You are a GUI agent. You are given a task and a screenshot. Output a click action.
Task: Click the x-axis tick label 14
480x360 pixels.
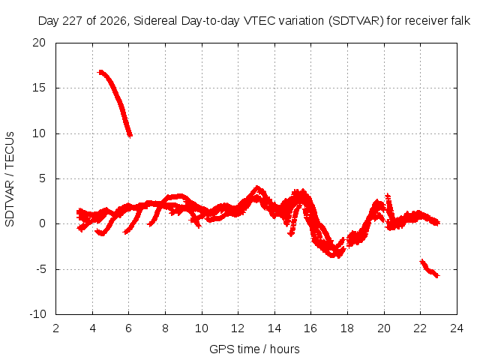point(274,328)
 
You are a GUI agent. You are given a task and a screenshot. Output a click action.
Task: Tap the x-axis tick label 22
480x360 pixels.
point(420,328)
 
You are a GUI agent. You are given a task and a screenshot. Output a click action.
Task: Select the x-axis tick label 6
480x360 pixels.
point(128,328)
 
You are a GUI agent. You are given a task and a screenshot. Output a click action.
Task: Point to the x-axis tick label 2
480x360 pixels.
point(55,328)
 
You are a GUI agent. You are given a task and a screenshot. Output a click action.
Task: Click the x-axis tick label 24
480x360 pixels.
point(457,328)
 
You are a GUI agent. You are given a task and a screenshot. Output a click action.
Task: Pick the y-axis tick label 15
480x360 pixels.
point(39,88)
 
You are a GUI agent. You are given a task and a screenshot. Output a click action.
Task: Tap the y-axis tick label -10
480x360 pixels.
point(37,314)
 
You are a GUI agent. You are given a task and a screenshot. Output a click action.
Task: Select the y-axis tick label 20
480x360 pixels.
point(39,43)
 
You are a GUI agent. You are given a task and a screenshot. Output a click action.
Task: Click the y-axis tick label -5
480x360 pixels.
point(40,269)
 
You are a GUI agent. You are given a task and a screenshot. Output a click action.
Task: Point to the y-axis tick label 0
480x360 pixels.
point(42,223)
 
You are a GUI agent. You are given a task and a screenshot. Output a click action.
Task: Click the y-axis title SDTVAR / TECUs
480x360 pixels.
point(10,179)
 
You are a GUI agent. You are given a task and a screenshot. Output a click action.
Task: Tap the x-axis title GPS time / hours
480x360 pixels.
point(254,349)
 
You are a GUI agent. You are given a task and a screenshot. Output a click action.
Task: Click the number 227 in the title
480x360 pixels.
point(73,21)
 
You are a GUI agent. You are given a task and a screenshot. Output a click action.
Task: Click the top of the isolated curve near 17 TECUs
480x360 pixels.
point(100,72)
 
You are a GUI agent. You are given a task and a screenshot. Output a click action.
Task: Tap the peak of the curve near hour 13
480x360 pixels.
point(257,187)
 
